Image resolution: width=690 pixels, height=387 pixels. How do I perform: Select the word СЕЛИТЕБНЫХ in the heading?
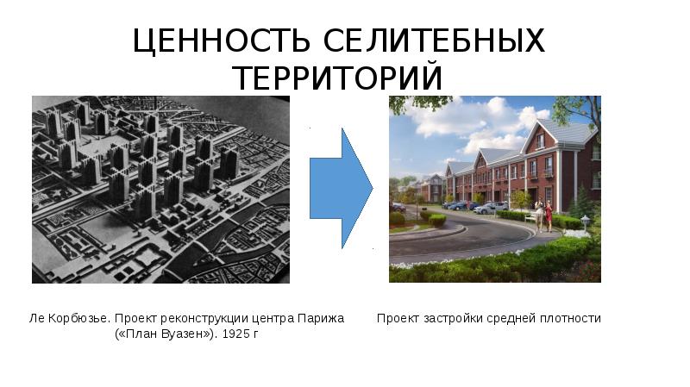(x=435, y=41)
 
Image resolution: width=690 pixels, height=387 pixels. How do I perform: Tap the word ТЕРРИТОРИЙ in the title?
(x=338, y=78)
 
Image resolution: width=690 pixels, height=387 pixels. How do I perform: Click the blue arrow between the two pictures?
(x=341, y=188)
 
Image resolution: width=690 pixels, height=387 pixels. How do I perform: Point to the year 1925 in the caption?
(x=235, y=334)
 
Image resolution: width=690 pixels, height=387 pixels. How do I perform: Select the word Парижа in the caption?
(x=324, y=318)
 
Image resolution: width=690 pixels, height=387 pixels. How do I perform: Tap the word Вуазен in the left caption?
(x=180, y=334)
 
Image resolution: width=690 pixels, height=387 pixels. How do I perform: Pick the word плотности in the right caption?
(x=571, y=318)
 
